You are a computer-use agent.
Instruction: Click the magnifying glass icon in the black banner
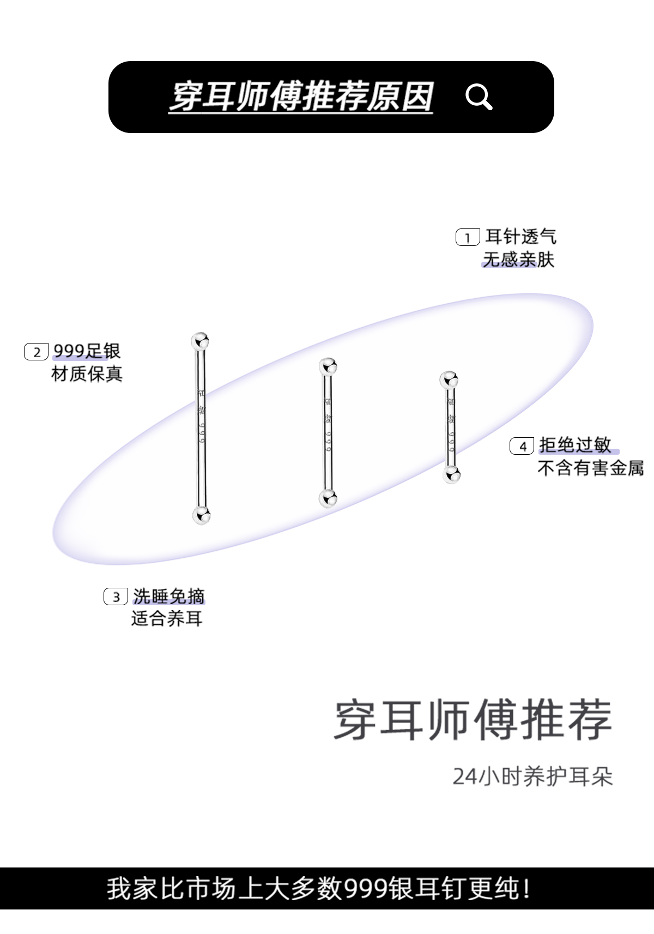479,98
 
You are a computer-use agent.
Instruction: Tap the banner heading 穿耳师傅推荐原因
301,97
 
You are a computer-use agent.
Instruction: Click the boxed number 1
467,238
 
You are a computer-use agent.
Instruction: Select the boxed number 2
37,352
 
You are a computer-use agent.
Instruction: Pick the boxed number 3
116,596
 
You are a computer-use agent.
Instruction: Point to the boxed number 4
522,446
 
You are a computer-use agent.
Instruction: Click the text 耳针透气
520,237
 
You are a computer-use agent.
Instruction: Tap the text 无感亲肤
518,260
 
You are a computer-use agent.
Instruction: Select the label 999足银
87,351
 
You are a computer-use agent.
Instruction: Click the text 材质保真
87,374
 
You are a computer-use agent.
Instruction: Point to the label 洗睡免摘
168,596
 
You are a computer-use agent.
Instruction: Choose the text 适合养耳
167,619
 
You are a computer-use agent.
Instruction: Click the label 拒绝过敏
575,445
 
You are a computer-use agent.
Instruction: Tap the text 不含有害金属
590,468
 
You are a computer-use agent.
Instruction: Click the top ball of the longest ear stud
201,341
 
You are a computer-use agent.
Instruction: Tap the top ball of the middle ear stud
328,366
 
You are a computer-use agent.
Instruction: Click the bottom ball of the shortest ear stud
451,474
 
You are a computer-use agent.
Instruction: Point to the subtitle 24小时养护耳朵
532,776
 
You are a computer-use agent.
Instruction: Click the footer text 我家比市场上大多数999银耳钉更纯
318,888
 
